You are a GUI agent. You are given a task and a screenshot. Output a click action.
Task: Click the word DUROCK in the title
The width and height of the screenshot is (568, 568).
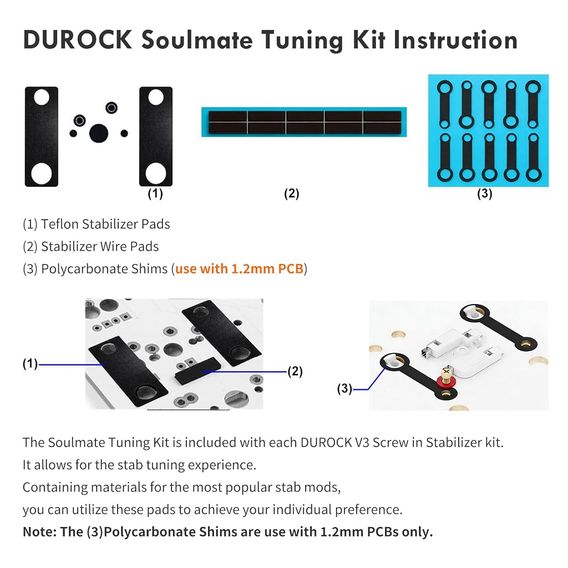pos(78,39)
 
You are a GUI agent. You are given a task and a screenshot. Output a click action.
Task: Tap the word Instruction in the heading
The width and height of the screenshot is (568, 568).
pos(456,39)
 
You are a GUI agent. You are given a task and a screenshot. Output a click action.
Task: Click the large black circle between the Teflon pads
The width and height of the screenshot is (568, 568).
pos(99,133)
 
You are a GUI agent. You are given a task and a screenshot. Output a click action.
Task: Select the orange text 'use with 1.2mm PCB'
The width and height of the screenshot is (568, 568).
pos(239,269)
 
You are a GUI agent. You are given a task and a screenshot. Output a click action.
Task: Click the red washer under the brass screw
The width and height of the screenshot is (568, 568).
pos(445,382)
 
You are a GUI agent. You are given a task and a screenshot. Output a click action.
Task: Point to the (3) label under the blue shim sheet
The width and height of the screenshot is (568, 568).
pos(485,194)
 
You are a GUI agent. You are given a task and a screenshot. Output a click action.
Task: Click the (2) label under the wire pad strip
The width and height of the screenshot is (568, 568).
pos(292,194)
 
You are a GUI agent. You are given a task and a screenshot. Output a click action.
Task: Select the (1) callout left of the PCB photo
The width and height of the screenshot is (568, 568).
pos(30,364)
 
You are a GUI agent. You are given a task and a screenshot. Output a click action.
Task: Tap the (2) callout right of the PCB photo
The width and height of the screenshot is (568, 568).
pos(295,371)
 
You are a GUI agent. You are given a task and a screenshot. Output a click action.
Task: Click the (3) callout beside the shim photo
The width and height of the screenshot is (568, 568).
pos(344,389)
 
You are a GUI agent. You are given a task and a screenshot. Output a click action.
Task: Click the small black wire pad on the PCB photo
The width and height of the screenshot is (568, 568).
pos(197,370)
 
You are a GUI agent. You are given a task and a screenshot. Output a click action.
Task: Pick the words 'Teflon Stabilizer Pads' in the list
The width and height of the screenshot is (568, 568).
pos(105,224)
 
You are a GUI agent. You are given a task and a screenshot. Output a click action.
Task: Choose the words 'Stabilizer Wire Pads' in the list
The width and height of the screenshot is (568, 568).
pos(100,247)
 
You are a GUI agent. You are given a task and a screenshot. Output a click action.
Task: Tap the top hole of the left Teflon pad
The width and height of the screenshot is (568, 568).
pos(42,97)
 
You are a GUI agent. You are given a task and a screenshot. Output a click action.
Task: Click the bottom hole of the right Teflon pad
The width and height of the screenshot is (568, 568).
pos(156,173)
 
